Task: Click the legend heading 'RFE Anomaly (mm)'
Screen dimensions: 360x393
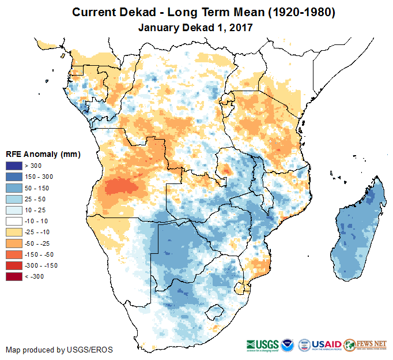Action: pos(43,154)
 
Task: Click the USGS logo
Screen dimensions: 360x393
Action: pos(262,344)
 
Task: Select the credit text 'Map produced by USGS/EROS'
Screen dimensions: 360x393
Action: pos(59,350)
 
